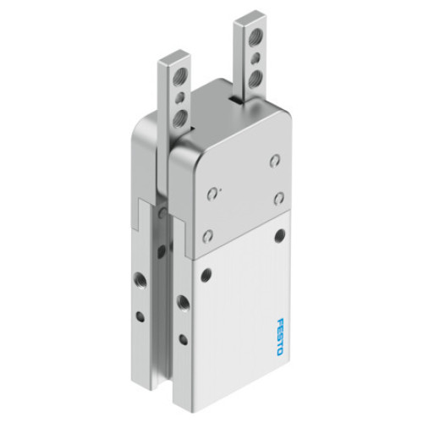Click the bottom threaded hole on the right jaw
pos(255,80)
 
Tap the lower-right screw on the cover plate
pos(278,198)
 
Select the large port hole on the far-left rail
pos(137,277)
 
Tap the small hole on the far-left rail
pos(139,317)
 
